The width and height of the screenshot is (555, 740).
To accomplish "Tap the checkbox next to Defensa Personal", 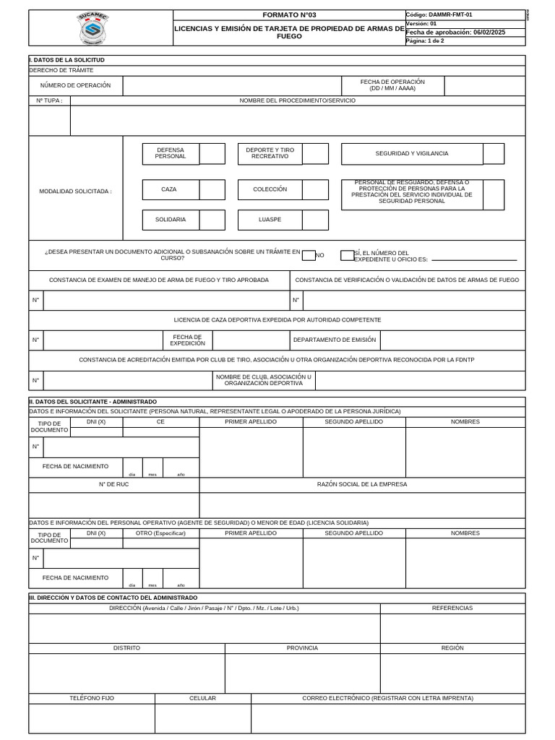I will [x=212, y=154].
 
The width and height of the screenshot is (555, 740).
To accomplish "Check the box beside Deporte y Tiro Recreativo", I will [x=315, y=154].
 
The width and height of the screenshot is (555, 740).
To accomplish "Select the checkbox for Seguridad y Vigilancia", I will [x=494, y=154].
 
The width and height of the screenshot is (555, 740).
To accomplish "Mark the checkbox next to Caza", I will [x=212, y=189].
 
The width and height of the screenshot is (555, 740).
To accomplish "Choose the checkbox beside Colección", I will [x=315, y=189].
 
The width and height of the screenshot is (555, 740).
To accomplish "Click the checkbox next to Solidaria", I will [x=212, y=220].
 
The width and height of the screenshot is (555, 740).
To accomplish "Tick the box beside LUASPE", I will [x=315, y=220].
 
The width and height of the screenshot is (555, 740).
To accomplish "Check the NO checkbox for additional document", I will [x=309, y=255].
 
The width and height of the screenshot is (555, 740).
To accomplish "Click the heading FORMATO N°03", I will [x=289, y=15].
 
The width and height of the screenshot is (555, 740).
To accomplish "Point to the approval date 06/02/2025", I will [x=489, y=33].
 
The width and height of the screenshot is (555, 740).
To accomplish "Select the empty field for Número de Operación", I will [x=231, y=86].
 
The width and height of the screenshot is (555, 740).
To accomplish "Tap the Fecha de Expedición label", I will [x=188, y=340].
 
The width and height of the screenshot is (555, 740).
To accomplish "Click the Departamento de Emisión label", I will [x=334, y=340].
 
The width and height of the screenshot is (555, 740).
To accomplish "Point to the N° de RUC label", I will [x=113, y=484].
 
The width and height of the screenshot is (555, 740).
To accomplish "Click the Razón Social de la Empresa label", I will [x=362, y=484].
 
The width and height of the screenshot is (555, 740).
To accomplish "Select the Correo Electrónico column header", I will [x=387, y=699].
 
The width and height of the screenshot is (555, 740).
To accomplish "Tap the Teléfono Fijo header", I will [x=92, y=699].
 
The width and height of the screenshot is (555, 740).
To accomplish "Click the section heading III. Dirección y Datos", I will [x=113, y=598].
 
